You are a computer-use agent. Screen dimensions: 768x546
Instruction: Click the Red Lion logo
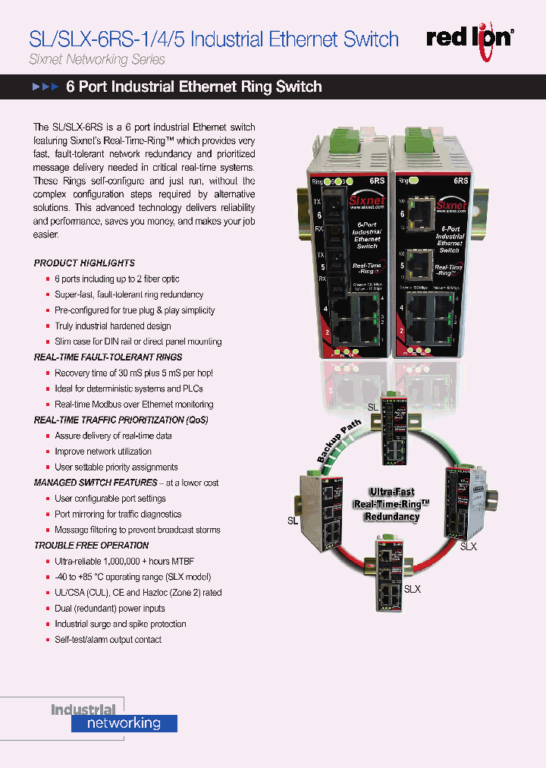click(x=469, y=38)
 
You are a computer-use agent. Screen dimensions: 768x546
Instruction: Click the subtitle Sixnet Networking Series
click(x=96, y=59)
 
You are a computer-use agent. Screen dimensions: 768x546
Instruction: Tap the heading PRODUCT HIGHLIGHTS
click(x=84, y=263)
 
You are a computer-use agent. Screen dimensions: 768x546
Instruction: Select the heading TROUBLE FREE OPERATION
click(x=91, y=545)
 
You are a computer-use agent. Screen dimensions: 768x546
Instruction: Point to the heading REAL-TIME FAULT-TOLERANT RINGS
click(x=108, y=357)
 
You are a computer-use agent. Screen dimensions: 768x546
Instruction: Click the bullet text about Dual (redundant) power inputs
click(x=109, y=609)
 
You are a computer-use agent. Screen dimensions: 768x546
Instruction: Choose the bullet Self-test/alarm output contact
click(x=108, y=640)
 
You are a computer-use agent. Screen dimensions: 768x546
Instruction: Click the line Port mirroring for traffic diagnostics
click(x=118, y=514)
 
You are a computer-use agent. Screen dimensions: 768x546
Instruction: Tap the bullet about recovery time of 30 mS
click(x=133, y=373)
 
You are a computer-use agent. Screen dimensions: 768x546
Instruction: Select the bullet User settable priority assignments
click(x=116, y=467)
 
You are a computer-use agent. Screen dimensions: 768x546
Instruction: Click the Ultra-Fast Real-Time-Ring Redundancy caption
click(x=391, y=504)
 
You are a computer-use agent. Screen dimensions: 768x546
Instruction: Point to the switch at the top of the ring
click(x=397, y=430)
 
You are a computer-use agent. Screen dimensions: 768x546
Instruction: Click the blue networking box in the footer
click(x=124, y=723)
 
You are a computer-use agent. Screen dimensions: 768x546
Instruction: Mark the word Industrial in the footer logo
click(x=83, y=710)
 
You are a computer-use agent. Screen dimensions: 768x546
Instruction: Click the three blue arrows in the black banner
click(x=45, y=87)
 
